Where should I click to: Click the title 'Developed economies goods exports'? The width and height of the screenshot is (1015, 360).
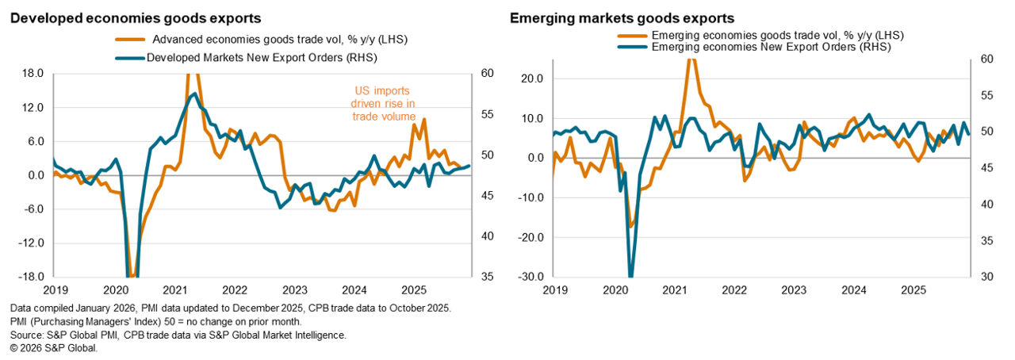(136, 17)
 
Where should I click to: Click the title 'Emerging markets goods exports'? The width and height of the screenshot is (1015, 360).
(622, 17)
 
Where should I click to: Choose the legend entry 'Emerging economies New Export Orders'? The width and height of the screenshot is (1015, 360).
(770, 48)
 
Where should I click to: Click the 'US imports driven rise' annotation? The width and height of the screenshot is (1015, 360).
(381, 103)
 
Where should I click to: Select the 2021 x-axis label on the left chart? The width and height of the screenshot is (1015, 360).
(174, 290)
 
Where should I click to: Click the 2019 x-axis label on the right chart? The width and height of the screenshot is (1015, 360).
(554, 290)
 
